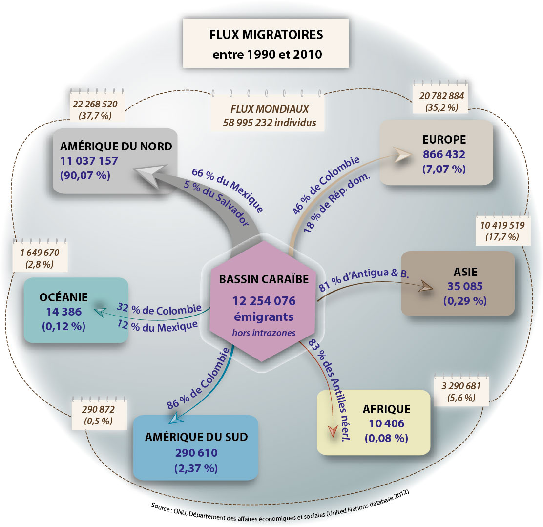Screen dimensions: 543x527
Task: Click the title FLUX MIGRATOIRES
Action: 266,35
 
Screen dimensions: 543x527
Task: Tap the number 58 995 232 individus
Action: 270,122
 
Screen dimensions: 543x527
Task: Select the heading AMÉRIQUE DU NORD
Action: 116,146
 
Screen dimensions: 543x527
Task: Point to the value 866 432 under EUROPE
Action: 444,154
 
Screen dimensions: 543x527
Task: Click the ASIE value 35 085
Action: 465,286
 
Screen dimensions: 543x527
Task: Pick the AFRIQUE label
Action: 386,409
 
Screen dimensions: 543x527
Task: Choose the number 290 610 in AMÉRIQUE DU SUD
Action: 196,452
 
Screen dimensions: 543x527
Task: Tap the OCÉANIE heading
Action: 63,297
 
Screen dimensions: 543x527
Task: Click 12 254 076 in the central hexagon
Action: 264,301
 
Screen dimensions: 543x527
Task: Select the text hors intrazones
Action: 264,333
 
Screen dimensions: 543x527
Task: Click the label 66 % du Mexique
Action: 228,190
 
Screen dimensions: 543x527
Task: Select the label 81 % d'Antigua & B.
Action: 364,279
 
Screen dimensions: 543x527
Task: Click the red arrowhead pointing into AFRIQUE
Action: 333,431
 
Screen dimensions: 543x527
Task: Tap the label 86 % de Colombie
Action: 198,379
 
